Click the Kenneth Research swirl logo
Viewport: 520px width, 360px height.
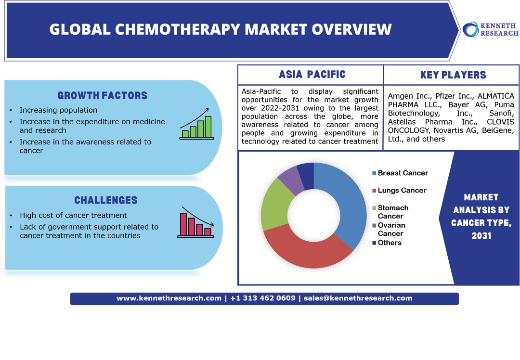(470, 29)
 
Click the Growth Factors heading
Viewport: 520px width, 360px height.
(103, 95)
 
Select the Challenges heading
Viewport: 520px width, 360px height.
(106, 200)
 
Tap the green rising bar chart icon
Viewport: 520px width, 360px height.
(196, 124)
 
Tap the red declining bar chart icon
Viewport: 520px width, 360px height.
(195, 222)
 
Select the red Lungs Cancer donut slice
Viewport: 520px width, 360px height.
(307, 252)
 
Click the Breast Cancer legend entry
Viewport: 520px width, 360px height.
(400, 173)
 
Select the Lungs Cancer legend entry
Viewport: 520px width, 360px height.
(399, 190)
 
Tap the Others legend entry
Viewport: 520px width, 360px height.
(387, 243)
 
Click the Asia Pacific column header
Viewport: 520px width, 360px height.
(312, 75)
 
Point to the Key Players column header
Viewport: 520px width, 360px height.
(453, 75)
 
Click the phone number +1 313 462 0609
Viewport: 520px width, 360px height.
(263, 298)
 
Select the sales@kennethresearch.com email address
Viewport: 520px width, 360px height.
(358, 298)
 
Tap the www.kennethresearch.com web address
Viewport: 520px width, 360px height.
(169, 298)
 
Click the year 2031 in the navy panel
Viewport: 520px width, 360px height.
(481, 236)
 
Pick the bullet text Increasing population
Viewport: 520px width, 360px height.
(58, 110)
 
